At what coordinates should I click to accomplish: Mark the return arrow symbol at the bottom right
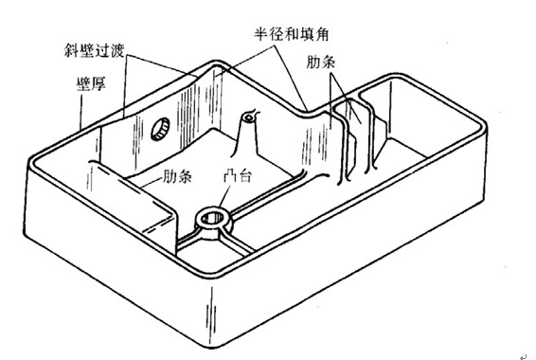(523, 353)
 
